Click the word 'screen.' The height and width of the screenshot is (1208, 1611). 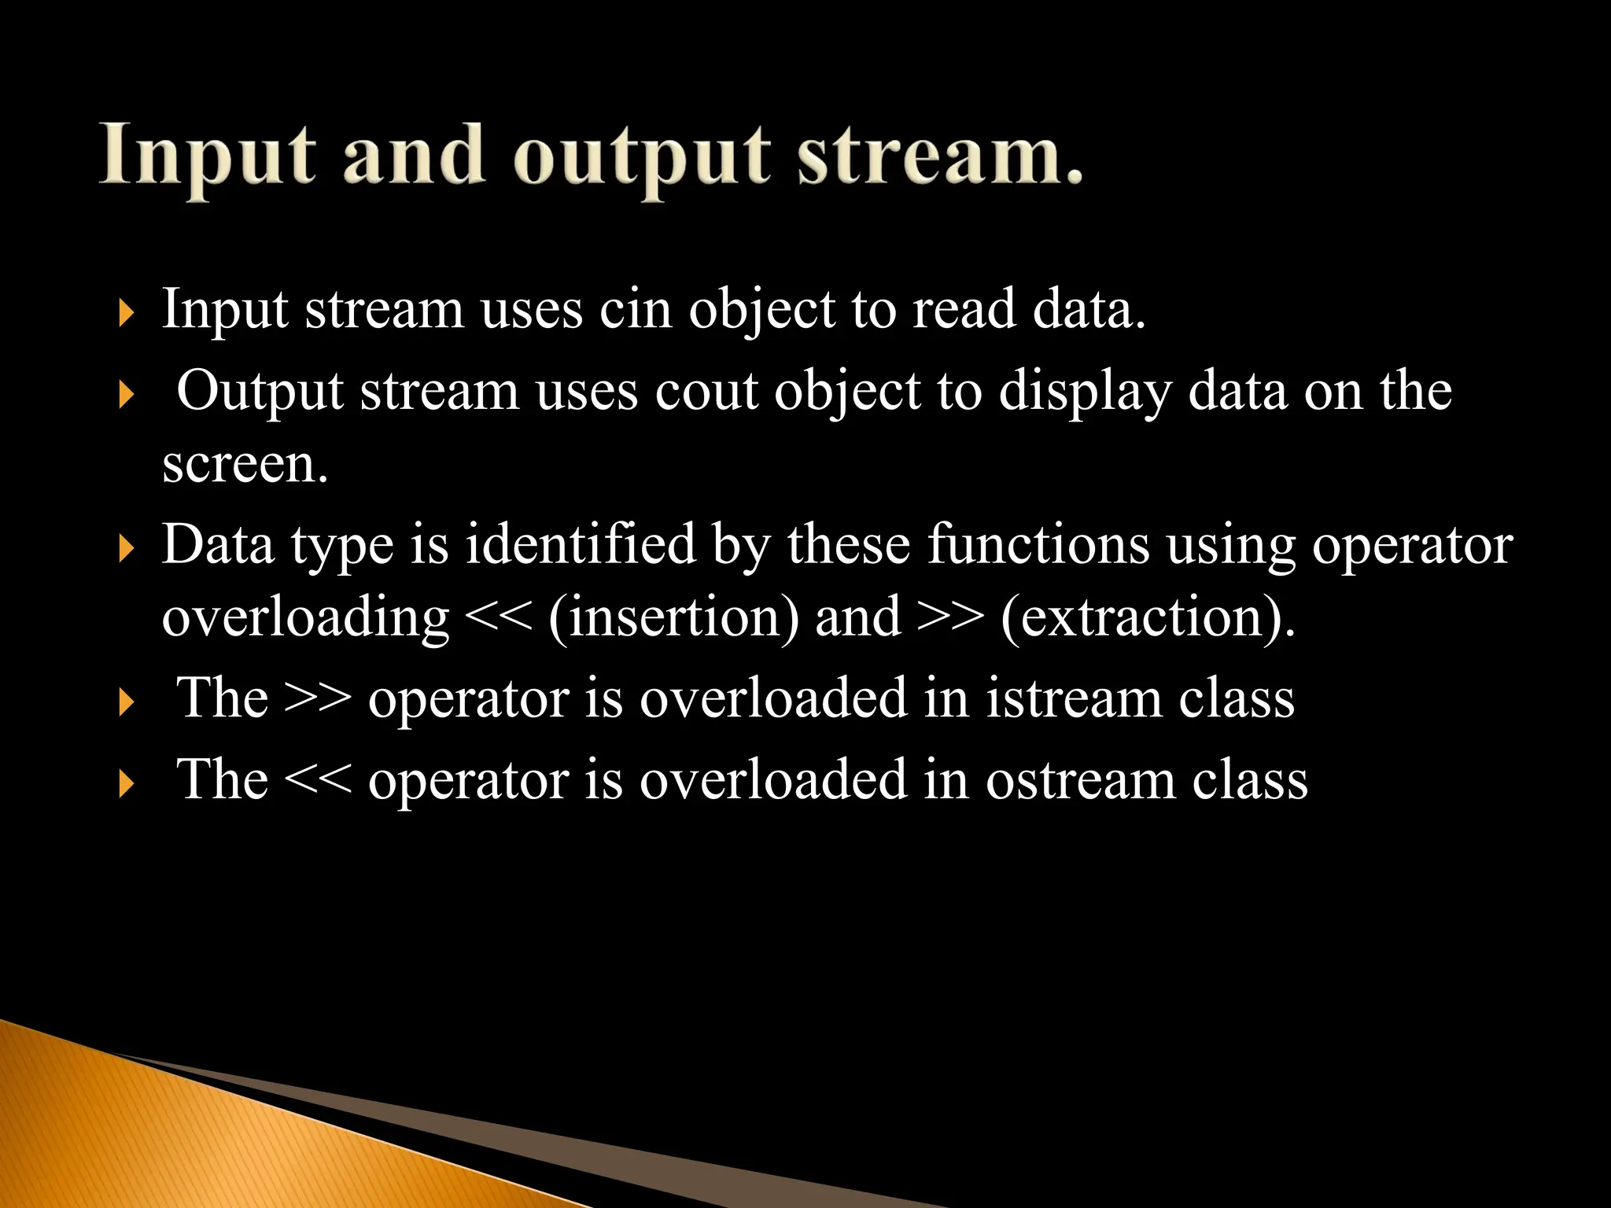coord(245,464)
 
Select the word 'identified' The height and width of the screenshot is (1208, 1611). coord(581,543)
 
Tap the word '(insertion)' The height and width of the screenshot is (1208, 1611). coord(674,617)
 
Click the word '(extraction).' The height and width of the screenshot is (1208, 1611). coord(1148,617)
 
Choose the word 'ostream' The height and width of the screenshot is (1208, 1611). coord(1080,780)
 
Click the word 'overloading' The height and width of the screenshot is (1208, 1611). coord(305,617)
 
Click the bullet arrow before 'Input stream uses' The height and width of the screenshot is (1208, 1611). coord(127,313)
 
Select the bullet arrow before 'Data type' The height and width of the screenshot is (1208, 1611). coord(127,547)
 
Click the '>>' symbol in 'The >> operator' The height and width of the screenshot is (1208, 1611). coord(318,698)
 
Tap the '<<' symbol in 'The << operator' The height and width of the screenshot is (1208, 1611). coord(318,780)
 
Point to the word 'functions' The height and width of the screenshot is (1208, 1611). coord(1038,543)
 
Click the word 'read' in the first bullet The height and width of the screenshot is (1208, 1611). coord(964,309)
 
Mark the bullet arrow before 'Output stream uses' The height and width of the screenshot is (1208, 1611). coord(127,394)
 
